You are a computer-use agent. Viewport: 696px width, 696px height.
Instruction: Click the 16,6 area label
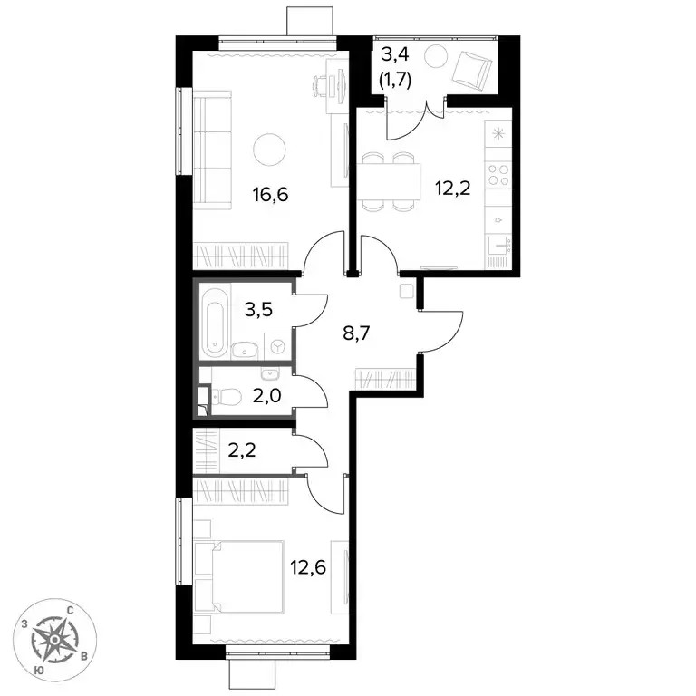270,195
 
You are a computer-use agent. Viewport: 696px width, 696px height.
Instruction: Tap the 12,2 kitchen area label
453,188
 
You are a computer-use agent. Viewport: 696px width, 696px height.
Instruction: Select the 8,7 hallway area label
356,332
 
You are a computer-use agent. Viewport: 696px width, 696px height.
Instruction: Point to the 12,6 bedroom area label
308,567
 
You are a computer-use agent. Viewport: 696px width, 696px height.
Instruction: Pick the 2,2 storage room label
242,451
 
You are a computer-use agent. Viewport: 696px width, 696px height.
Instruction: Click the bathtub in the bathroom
215,322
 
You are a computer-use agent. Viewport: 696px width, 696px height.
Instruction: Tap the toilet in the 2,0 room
227,396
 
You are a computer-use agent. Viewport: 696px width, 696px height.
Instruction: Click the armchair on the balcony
472,71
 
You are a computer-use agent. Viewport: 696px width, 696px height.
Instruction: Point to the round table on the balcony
435,55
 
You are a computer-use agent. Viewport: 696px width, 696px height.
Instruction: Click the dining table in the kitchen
389,181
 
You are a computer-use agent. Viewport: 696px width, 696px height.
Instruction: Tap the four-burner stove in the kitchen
498,174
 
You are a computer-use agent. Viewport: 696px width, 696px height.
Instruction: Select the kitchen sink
499,245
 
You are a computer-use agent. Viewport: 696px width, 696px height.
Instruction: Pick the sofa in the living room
213,150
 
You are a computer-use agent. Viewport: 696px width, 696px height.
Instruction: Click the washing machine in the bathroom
278,346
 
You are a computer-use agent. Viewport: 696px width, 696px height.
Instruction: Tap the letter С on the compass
70,611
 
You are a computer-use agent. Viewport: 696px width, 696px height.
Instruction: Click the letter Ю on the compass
39,671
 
